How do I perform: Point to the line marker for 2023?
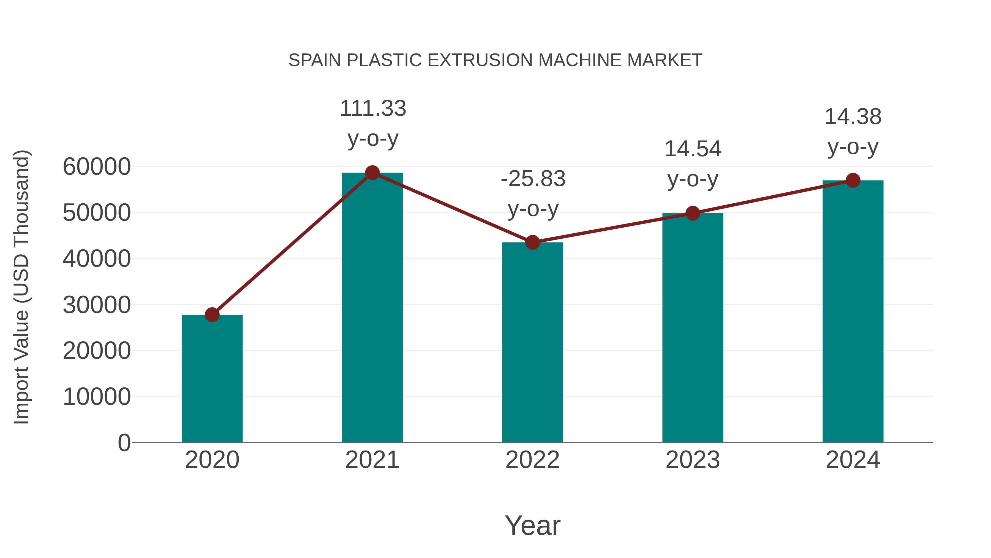[x=693, y=213]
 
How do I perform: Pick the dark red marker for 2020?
[x=212, y=315]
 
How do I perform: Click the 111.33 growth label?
[x=373, y=109]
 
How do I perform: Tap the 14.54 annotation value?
[x=693, y=149]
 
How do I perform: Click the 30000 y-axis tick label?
[x=97, y=305]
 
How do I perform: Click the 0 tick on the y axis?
[x=124, y=443]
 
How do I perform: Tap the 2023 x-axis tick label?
[x=693, y=460]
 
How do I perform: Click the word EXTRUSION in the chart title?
[x=480, y=60]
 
